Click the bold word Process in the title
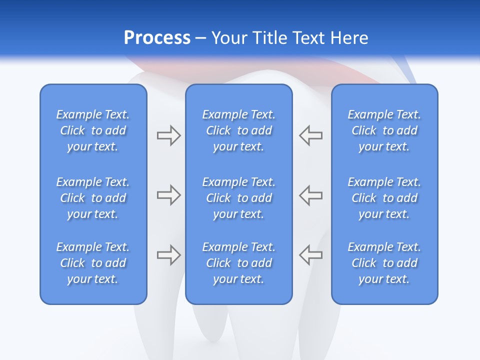157,38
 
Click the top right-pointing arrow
168,135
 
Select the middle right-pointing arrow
168,195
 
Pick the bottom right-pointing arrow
168,255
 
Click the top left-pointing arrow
310,135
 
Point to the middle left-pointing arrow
310,195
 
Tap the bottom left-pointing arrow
310,255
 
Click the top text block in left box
93,130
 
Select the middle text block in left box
93,198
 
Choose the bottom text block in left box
93,263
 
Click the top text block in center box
238,130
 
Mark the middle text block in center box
238,198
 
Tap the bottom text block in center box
238,263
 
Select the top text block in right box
384,130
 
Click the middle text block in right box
384,198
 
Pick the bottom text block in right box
384,263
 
